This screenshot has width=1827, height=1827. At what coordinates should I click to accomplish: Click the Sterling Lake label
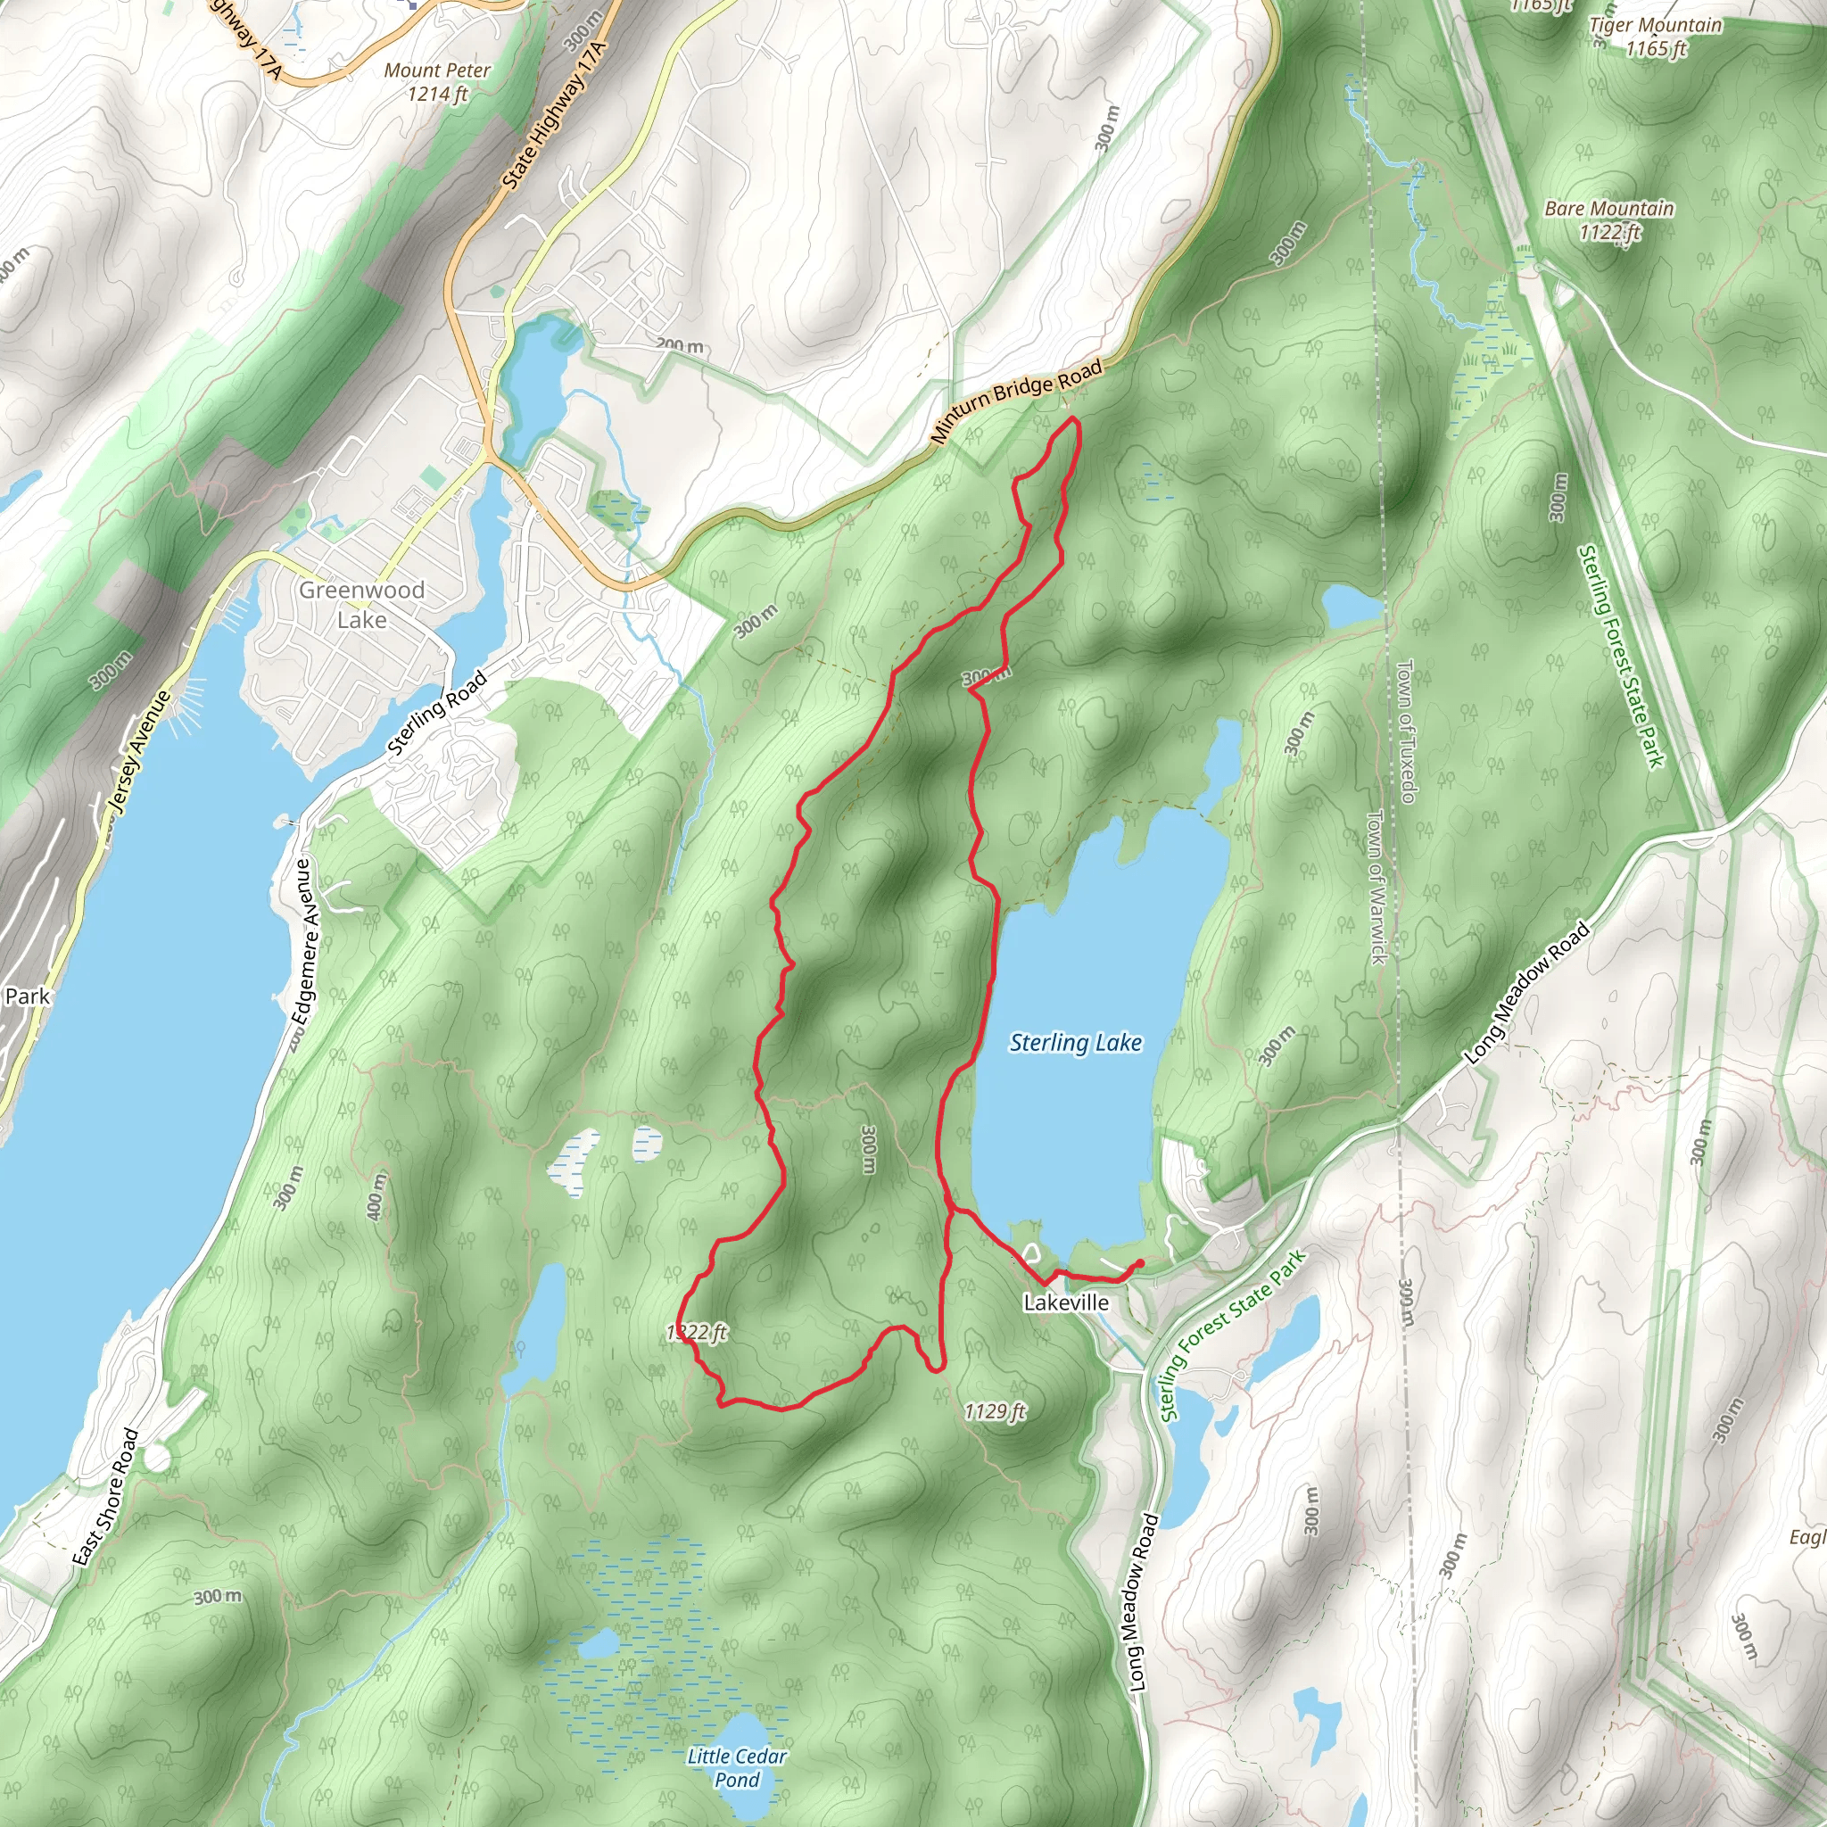click(x=1075, y=1042)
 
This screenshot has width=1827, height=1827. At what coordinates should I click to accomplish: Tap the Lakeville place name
click(x=1066, y=1302)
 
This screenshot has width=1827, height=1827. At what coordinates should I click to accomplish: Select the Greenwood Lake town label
click(x=361, y=604)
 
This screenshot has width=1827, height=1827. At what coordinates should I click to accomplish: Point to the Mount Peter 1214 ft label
click(x=437, y=81)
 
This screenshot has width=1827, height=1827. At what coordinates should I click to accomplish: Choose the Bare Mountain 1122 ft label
click(x=1608, y=219)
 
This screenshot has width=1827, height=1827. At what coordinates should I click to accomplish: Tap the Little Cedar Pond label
click(x=737, y=1767)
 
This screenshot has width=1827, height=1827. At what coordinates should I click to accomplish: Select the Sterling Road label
click(x=437, y=713)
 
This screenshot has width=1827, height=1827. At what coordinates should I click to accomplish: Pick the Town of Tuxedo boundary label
click(x=1405, y=730)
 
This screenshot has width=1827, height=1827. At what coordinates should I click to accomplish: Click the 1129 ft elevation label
click(x=995, y=1412)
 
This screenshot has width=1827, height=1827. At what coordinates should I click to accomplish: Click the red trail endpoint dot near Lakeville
click(x=1139, y=1262)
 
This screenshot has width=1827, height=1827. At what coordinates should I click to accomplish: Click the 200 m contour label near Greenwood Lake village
click(x=681, y=346)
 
